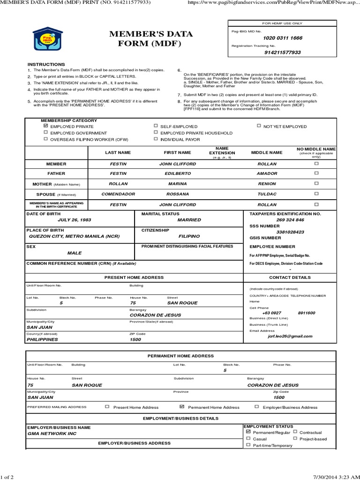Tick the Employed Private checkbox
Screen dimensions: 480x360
pos(45,126)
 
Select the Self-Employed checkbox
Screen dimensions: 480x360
pos(156,127)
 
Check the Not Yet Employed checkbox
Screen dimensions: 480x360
pos(259,126)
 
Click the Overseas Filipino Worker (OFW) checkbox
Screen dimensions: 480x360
pos(45,139)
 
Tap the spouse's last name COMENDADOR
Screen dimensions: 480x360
pos(118,194)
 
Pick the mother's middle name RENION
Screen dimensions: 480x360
pos(267,183)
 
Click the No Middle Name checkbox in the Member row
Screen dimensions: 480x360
pos(316,164)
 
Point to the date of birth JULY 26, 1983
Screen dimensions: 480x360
pos(74,219)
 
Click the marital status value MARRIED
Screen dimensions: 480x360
pos(189,219)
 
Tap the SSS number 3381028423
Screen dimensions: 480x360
pos(290,232)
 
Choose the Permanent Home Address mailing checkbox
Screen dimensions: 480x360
pos(182,407)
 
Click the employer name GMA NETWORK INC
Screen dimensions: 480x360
pos(52,434)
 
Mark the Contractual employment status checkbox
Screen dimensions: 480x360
pos(295,432)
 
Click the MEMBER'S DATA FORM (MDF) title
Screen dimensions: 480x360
pos(157,39)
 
